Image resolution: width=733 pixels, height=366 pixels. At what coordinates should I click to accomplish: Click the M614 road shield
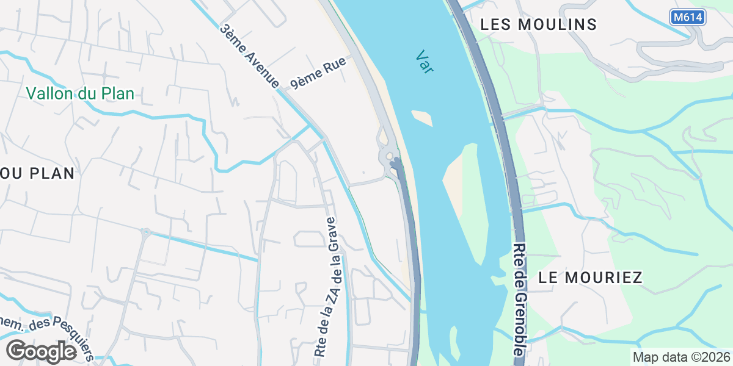(688, 18)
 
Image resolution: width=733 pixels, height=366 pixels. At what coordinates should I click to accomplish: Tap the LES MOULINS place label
(538, 24)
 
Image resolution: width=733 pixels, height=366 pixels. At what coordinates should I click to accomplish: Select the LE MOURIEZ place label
(590, 278)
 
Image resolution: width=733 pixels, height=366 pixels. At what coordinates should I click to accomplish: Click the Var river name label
(425, 62)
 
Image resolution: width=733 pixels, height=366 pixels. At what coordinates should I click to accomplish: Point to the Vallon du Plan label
(80, 94)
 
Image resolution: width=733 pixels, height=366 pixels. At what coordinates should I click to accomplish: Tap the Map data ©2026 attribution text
(681, 357)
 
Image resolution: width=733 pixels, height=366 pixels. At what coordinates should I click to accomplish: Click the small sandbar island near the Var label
(422, 117)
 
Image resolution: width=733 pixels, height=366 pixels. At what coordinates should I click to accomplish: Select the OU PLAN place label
(37, 173)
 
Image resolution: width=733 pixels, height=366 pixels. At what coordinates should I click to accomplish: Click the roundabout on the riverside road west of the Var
(389, 156)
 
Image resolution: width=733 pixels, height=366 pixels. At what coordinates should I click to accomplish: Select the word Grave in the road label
(331, 231)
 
